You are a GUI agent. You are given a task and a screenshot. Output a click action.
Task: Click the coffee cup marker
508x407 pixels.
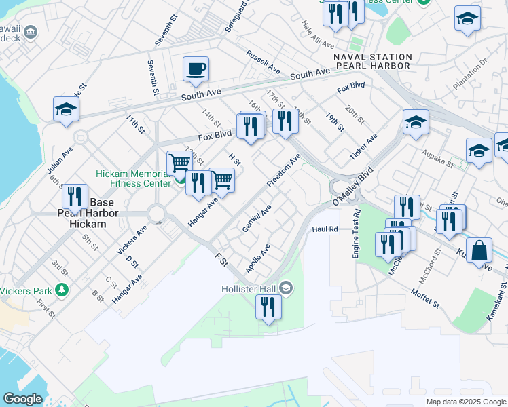tap(196, 69)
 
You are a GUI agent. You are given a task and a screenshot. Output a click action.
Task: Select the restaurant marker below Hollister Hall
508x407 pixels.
tap(268, 307)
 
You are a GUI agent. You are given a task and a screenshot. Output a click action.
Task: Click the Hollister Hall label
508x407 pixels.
tap(251, 288)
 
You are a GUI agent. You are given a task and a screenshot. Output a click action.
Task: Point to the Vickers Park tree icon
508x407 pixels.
tap(62, 290)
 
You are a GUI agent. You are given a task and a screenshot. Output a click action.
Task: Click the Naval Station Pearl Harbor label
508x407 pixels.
tap(373, 62)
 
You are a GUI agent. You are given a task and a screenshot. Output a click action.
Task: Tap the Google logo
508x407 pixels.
tap(22, 399)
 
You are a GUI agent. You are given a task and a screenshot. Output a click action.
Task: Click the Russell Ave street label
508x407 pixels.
tap(264, 62)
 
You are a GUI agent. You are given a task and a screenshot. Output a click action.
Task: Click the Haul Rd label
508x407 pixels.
tap(325, 229)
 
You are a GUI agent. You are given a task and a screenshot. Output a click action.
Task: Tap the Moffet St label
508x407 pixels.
tap(426, 298)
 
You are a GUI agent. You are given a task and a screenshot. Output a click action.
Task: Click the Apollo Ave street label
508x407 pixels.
tap(258, 259)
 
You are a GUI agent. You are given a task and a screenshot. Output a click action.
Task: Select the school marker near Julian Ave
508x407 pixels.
tap(67, 110)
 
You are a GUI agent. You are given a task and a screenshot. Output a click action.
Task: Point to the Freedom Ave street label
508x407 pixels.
tap(283, 173)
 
